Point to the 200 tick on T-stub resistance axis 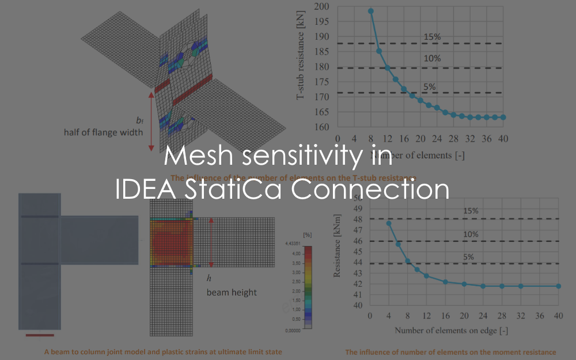[x=322, y=7]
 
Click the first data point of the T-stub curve [x=371, y=11]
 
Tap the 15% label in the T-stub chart [x=432, y=37]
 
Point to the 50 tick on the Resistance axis [x=357, y=198]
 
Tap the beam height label [x=232, y=293]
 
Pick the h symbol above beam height [x=209, y=278]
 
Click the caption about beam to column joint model [x=163, y=351]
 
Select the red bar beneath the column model [x=40, y=334]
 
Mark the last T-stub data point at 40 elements [x=503, y=117]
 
